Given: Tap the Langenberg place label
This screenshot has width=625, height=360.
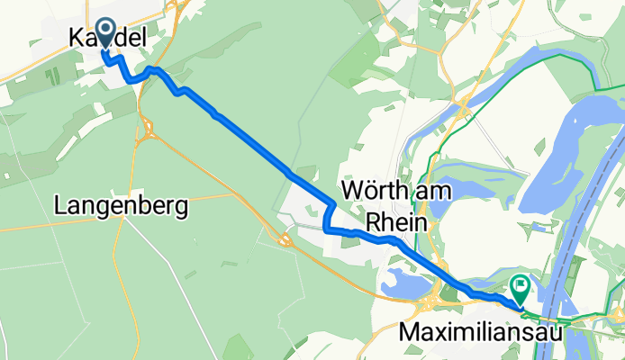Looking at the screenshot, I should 121,207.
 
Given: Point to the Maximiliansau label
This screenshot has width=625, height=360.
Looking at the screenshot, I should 477,333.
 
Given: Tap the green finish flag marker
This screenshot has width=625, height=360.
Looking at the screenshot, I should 521,288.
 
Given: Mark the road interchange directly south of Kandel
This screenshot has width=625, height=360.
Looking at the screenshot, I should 147,135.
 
